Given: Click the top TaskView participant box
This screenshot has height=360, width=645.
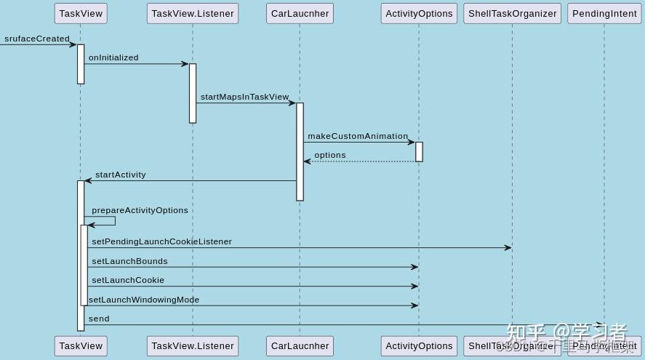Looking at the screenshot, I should click(80, 13).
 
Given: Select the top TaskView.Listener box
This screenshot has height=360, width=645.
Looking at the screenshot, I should click(193, 13).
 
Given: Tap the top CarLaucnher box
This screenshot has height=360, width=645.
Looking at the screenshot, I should click(300, 13).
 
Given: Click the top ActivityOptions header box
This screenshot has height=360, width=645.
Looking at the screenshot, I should click(419, 13).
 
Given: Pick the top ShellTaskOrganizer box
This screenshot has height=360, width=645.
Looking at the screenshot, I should click(512, 13).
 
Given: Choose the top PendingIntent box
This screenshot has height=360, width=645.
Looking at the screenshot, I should click(604, 13).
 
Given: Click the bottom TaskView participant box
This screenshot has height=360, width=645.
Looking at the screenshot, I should click(80, 345).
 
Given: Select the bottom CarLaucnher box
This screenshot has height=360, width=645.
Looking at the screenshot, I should click(300, 345).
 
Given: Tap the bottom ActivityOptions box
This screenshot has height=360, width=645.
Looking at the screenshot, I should click(419, 345).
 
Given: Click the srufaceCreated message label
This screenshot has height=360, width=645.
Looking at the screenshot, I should click(37, 39).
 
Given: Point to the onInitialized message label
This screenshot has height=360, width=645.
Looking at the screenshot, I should click(113, 57).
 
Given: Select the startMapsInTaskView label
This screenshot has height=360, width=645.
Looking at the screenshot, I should click(244, 97).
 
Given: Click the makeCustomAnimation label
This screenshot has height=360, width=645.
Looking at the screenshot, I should click(358, 136).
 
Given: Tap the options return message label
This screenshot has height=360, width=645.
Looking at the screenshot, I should click(330, 155).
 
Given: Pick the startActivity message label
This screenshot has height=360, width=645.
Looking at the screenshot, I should click(120, 175).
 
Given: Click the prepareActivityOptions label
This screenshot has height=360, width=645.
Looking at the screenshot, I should click(140, 210).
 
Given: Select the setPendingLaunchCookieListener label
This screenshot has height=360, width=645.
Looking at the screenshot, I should click(161, 241).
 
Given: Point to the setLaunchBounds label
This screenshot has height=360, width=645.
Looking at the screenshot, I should click(129, 261).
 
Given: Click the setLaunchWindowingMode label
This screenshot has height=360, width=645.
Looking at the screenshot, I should click(144, 300).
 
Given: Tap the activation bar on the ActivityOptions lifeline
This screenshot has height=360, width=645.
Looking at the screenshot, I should click(419, 151).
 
